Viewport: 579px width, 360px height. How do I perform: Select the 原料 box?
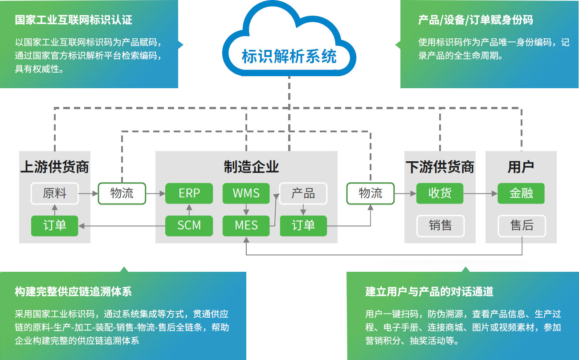click(54, 193)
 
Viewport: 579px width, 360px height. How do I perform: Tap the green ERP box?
click(189, 193)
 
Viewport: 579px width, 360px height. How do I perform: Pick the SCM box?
click(189, 225)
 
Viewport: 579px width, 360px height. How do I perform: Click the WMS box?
click(246, 193)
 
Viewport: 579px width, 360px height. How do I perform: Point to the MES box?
click(246, 225)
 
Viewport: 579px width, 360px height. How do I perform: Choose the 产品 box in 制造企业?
click(303, 193)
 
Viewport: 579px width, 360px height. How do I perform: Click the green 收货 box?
click(440, 193)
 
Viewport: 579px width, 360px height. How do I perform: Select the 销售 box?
click(440, 225)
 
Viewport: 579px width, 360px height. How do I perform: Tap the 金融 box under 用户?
click(521, 193)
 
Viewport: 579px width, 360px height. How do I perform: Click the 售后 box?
click(521, 225)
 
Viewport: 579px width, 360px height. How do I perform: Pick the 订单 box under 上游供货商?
click(54, 225)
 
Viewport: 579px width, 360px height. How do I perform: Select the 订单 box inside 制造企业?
click(303, 225)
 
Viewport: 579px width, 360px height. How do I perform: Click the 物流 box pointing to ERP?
click(122, 193)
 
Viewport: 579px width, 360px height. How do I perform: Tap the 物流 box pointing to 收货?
click(370, 193)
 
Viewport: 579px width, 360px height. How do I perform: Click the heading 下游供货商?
click(440, 167)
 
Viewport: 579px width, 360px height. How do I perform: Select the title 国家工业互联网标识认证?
click(73, 20)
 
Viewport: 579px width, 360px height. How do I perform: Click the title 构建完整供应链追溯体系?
click(73, 292)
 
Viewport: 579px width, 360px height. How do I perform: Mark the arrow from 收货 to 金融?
click(481, 194)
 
